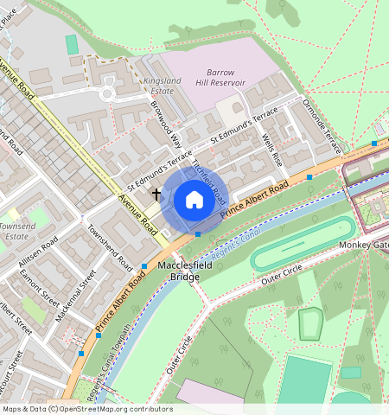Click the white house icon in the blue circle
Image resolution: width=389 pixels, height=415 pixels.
[x=194, y=200]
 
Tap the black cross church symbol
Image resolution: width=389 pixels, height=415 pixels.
[x=156, y=194]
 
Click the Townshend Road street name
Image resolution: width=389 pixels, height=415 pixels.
[x=109, y=247]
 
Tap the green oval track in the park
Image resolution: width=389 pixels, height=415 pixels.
[x=303, y=245]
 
